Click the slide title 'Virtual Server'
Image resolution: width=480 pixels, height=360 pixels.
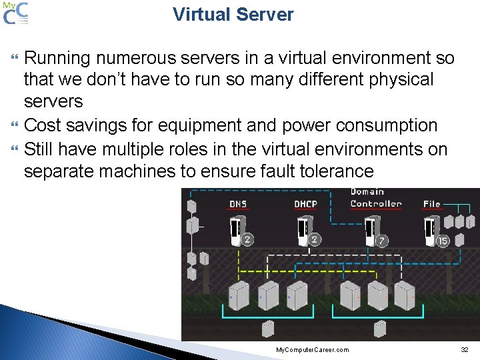click(233, 15)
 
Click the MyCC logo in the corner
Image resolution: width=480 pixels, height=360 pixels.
click(15, 13)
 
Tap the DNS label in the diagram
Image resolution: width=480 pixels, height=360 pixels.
click(238, 204)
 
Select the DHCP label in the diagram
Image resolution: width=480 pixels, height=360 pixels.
click(305, 204)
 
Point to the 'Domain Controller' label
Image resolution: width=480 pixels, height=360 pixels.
click(376, 198)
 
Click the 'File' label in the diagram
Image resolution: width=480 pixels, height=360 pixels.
click(432, 204)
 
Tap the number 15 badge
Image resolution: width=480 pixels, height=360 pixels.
click(442, 241)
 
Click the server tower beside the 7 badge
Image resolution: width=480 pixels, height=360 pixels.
click(369, 230)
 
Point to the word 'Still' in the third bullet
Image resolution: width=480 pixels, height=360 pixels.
click(39, 149)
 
